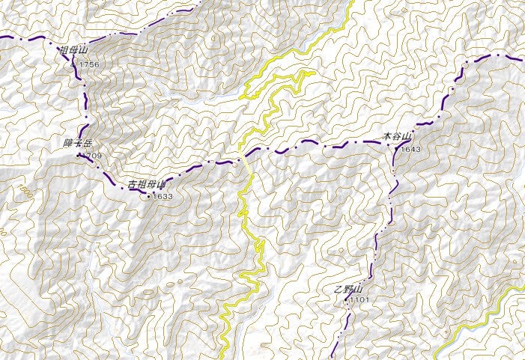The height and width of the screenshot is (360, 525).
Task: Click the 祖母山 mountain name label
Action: pos(73,51)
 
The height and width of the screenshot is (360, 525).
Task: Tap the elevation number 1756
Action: pos(88,65)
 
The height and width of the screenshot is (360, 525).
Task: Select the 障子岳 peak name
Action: pos(77,142)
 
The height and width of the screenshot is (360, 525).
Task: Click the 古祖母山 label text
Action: pos(146,183)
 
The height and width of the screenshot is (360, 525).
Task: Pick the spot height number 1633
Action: pos(162,196)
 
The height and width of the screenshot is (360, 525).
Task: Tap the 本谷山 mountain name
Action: pos(397,137)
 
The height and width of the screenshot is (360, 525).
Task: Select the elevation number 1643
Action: pos(411,150)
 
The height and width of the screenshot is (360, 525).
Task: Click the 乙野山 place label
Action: pos(348,289)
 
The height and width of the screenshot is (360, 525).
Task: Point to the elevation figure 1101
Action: pos(359,300)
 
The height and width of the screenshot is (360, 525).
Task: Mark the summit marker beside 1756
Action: pos(74,65)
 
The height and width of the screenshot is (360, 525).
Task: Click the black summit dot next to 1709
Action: pos(79,155)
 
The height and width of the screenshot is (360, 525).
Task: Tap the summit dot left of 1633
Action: pos(148,196)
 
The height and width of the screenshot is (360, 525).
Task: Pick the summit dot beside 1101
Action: pos(347,299)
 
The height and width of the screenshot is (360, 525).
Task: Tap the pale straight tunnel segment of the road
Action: pos(246,163)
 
